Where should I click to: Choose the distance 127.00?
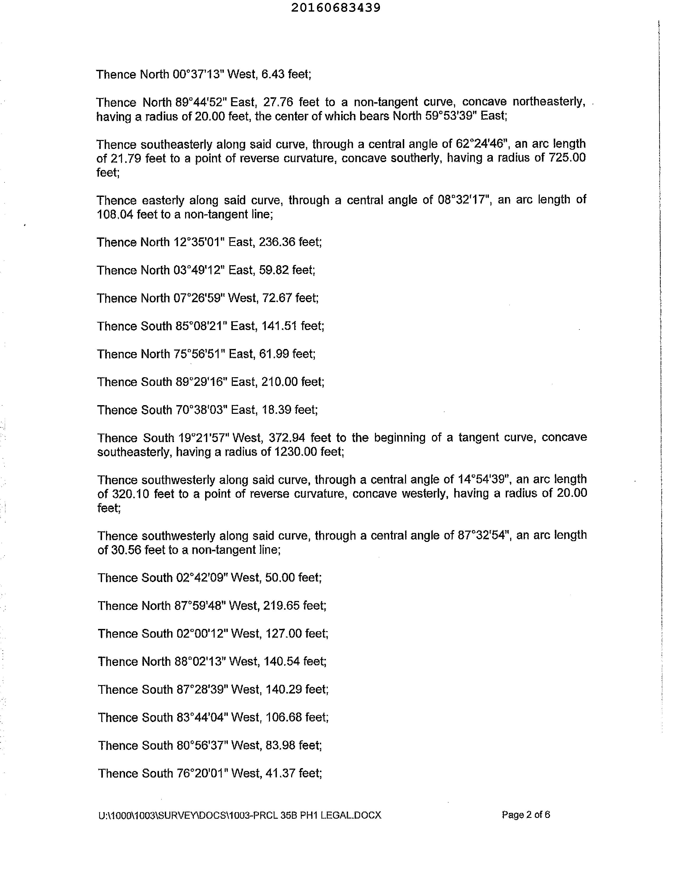pos(283,634)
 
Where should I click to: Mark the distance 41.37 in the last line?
pos(280,774)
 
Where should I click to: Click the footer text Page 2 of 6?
pos(525,815)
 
